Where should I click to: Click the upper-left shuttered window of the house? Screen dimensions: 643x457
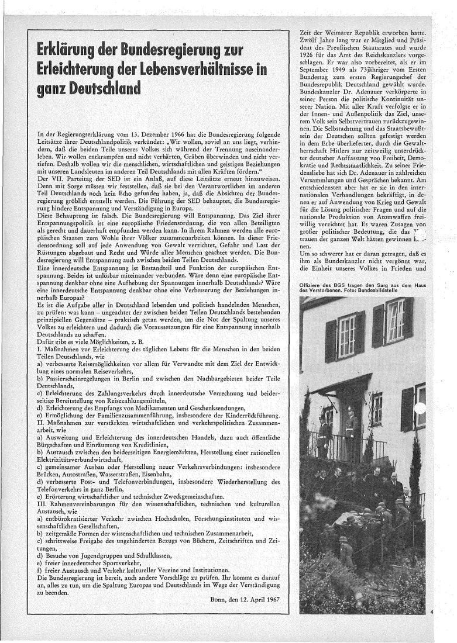point(347,337)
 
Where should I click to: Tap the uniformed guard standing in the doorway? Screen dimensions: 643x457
point(351,430)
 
